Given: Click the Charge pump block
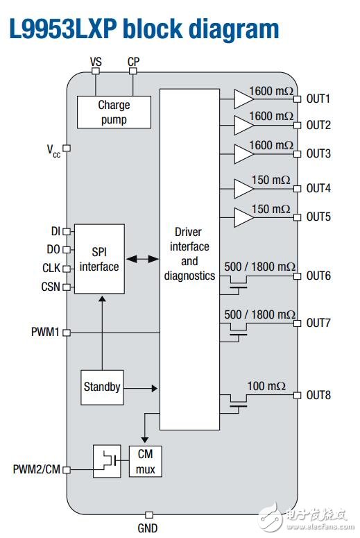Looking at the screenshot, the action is pyautogui.click(x=114, y=112).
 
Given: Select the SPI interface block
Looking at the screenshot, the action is pyautogui.click(x=99, y=259).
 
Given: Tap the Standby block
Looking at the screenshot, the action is pyautogui.click(x=102, y=387).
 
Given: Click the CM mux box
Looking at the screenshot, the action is pyautogui.click(x=146, y=461).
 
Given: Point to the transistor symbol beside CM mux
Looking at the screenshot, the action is pyautogui.click(x=107, y=461).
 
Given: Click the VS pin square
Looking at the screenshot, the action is pyautogui.click(x=96, y=71).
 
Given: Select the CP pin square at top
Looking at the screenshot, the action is pyautogui.click(x=133, y=71).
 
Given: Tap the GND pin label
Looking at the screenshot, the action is pyautogui.click(x=148, y=528).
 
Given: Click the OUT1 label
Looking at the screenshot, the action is pyautogui.click(x=318, y=99).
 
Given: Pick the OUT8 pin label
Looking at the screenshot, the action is pyautogui.click(x=318, y=395).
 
